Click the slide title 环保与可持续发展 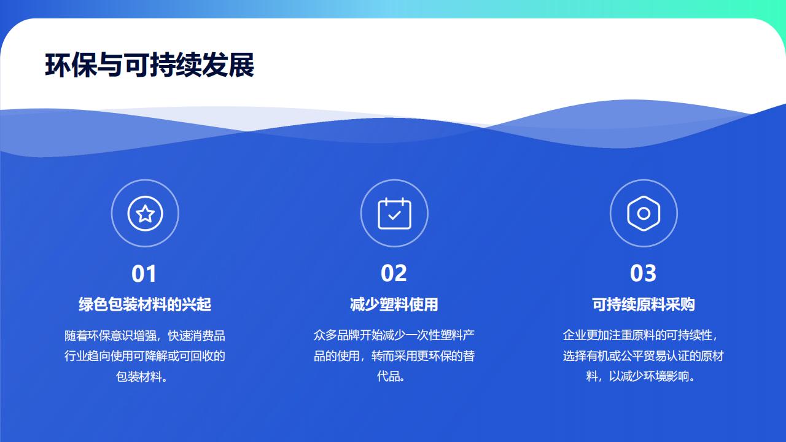click(149, 65)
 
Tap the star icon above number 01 click(146, 213)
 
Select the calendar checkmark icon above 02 click(394, 213)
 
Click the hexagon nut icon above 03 click(644, 213)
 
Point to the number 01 click(144, 274)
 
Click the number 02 click(394, 273)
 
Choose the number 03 click(643, 273)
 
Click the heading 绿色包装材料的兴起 click(145, 304)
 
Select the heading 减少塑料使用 click(394, 304)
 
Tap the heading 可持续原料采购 click(644, 304)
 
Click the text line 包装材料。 click(142, 377)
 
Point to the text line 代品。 click(391, 376)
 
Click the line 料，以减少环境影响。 click(640, 376)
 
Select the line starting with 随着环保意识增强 click(145, 336)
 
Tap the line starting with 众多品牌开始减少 click(394, 335)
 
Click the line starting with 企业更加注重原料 click(640, 335)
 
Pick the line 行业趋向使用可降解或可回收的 click(145, 356)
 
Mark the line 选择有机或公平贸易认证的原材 click(644, 356)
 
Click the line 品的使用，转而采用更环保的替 click(394, 356)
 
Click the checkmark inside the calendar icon click(395, 215)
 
